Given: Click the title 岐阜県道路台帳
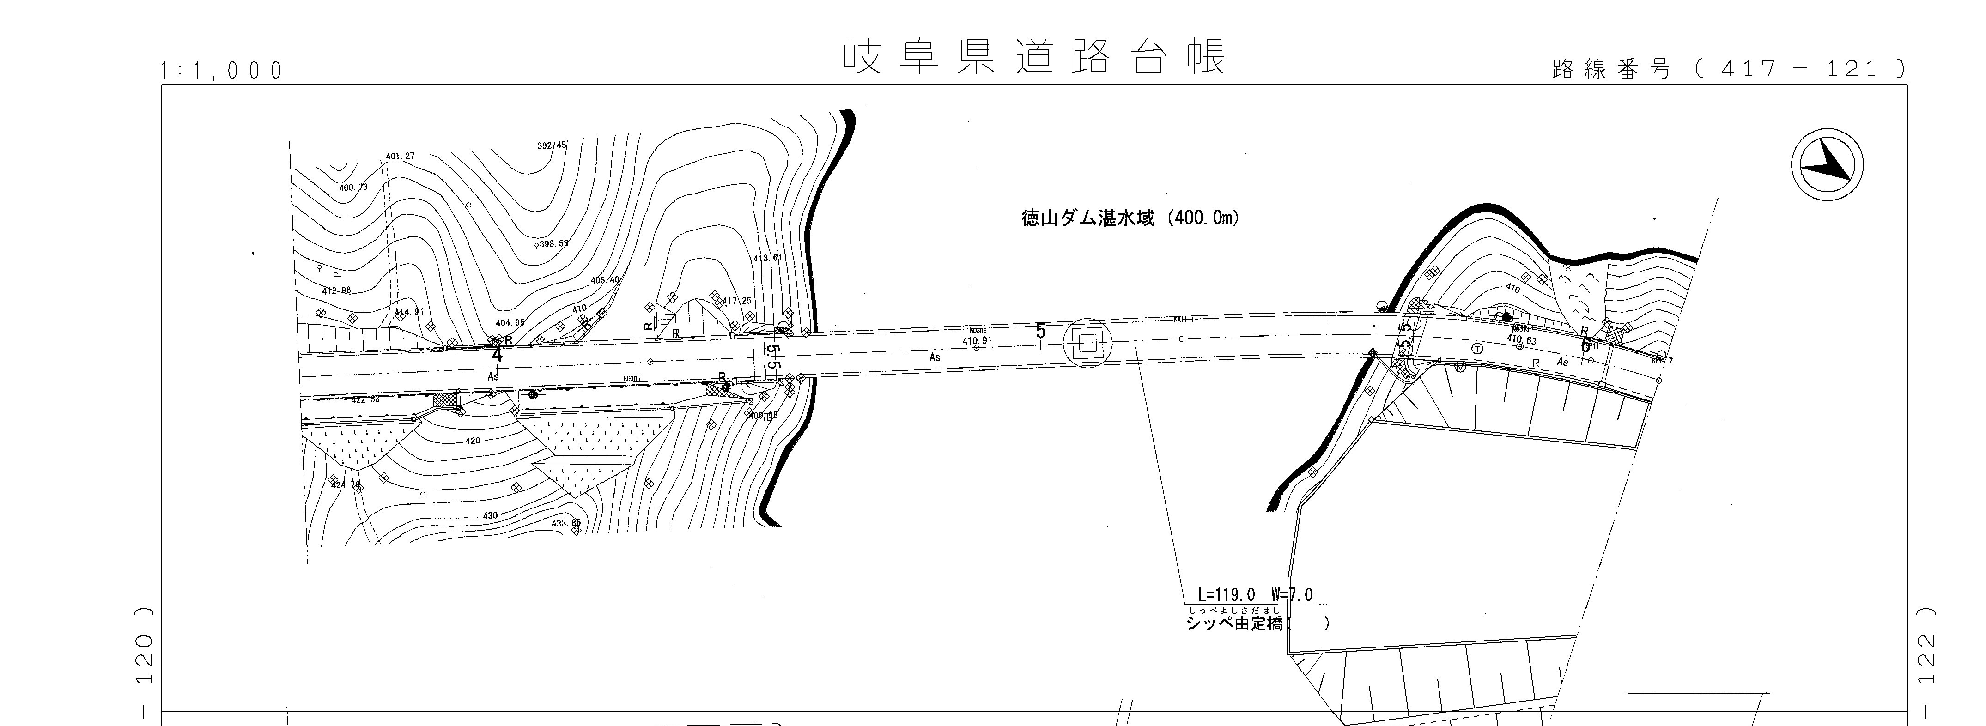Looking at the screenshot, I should [x=1033, y=56].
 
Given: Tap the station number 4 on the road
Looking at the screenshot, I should [x=497, y=355].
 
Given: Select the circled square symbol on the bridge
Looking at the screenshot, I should [x=1087, y=344].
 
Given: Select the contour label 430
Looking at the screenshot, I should [x=490, y=515].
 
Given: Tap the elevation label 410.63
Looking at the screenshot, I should [x=1521, y=340].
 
